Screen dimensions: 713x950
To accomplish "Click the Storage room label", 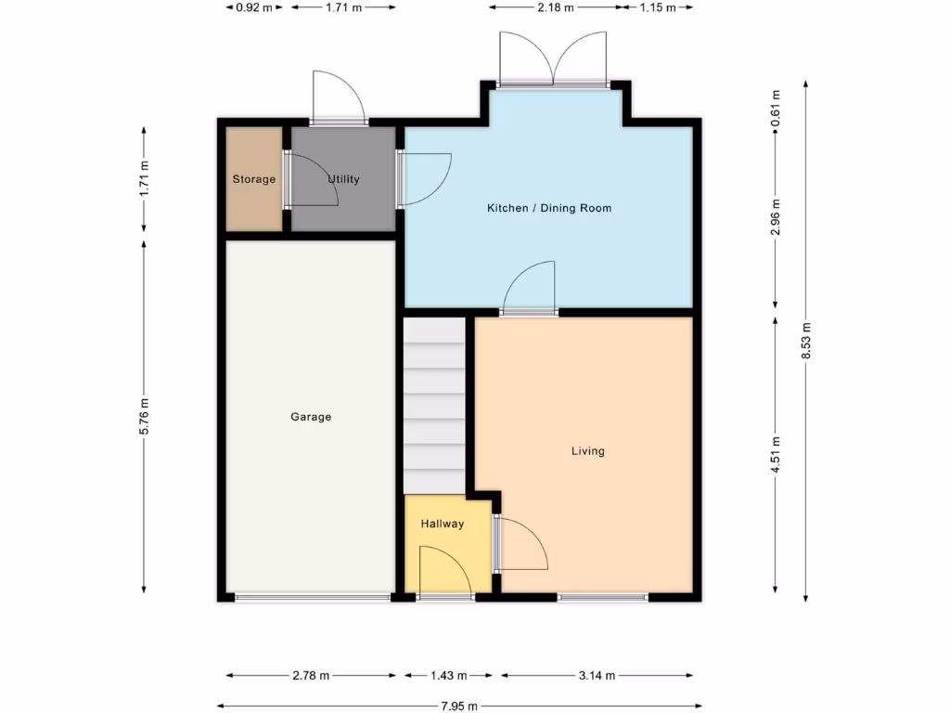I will tap(253, 179).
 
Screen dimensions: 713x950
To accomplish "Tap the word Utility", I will tap(343, 179).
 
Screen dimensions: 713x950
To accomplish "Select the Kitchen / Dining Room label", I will tap(549, 208).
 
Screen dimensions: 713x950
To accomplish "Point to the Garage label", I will tap(311, 417).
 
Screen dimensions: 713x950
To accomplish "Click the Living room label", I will tap(587, 451).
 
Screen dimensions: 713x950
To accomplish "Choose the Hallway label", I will tap(442, 524).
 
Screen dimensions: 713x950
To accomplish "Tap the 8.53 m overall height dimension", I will tap(806, 340).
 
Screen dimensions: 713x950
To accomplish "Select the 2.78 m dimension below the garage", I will tap(311, 676).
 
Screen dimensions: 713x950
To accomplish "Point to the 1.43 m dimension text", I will tap(448, 676).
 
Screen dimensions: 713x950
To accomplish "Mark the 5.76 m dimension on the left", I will tap(144, 416).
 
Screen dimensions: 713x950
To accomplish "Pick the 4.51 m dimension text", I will tap(776, 454).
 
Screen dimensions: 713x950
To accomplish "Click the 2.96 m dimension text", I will tap(776, 217).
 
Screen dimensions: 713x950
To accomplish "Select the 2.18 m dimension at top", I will tap(555, 7).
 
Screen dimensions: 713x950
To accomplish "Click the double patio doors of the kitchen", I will tap(554, 60).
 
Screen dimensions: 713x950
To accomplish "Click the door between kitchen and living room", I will tap(530, 290).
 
